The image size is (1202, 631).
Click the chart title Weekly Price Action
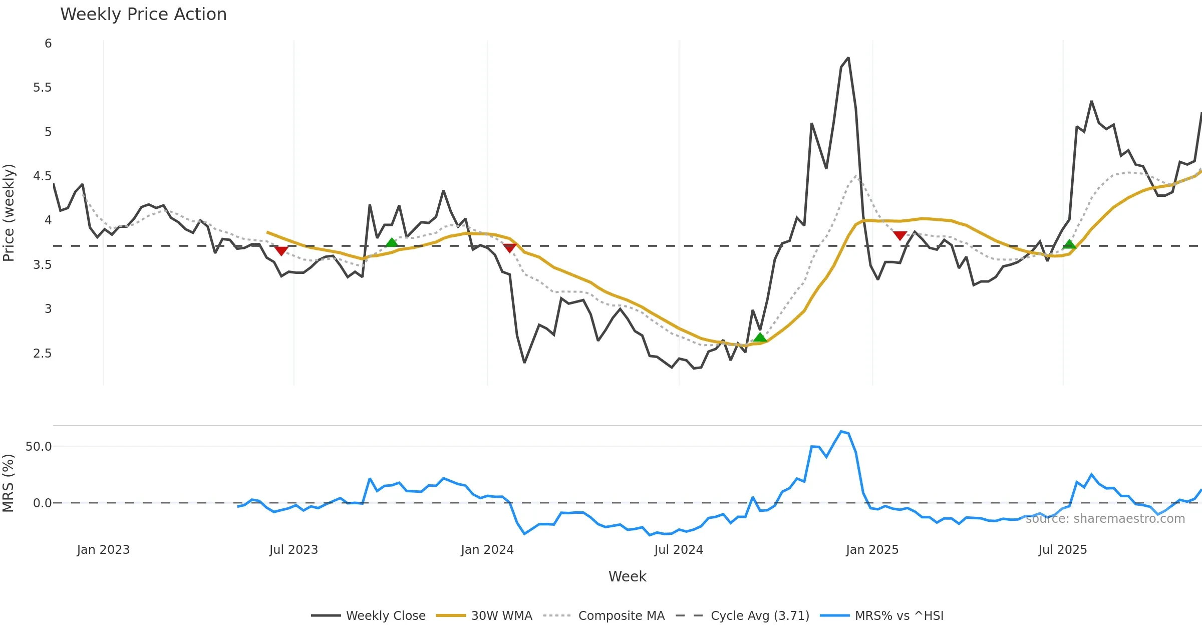click(143, 15)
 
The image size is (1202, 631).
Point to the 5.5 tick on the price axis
click(43, 88)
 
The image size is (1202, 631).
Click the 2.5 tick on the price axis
click(43, 354)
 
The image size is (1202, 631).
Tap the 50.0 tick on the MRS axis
click(39, 446)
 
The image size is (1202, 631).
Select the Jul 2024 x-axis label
click(679, 550)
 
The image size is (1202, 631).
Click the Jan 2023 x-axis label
click(103, 550)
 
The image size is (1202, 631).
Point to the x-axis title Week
click(627, 576)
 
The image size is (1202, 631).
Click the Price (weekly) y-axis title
click(9, 213)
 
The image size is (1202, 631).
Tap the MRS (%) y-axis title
click(9, 483)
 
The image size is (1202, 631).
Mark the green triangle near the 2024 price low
click(760, 337)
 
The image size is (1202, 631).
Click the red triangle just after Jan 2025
click(899, 235)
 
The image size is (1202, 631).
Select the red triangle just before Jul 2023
click(281, 250)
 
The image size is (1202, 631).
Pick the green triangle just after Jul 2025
click(1069, 244)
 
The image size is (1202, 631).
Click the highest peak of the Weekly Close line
click(848, 58)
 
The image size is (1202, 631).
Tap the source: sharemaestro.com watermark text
click(1105, 518)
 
